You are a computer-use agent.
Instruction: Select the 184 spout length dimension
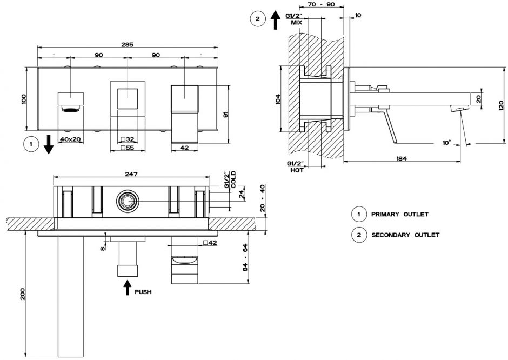(401, 158)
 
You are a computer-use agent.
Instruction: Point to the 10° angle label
(446, 143)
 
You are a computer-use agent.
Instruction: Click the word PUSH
(143, 292)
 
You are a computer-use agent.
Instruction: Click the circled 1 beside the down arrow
(31, 144)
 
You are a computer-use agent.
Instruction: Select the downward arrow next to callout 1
(49, 145)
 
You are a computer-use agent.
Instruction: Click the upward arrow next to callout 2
(275, 21)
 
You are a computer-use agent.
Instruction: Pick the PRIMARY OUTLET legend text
(399, 215)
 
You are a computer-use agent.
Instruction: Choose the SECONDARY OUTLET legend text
(405, 235)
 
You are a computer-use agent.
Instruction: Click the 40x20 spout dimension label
(70, 139)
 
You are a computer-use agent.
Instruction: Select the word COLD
(233, 179)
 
